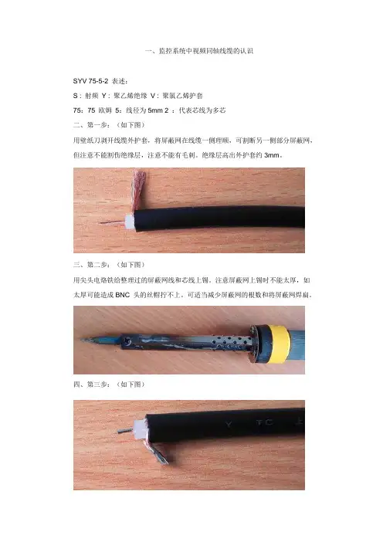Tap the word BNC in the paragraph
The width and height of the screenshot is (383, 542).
pos(122,295)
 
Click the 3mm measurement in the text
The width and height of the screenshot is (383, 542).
pos(272,155)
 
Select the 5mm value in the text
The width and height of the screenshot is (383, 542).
pos(155,110)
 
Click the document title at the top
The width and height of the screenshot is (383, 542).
pos(199,51)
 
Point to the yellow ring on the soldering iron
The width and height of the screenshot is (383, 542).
pos(279,344)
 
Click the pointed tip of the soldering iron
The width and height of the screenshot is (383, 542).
pos(83,340)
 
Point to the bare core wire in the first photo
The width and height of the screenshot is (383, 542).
pos(111,222)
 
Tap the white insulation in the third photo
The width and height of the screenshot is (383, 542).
pos(139,429)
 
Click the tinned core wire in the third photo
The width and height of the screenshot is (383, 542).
pos(125,431)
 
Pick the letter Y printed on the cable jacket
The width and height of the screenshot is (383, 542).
pos(229,424)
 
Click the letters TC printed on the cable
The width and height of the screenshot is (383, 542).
pos(265,422)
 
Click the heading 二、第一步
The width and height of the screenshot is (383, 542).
pos(91,125)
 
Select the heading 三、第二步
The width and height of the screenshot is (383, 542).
pos(91,265)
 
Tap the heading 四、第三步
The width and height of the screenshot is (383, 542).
pos(91,384)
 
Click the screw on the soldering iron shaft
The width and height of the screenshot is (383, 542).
pos(127,340)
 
